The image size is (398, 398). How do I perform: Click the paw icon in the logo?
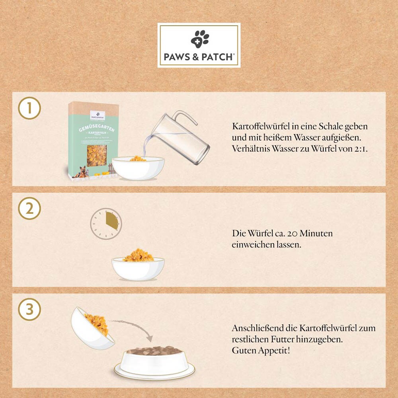click(x=199, y=39)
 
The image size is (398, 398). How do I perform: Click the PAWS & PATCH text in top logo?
click(x=199, y=57)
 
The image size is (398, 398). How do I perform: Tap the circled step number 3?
click(x=29, y=310)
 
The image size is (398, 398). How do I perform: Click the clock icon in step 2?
click(x=105, y=224)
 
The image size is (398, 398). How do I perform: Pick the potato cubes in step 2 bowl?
click(x=138, y=256)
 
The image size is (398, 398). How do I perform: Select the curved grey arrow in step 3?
click(x=133, y=327)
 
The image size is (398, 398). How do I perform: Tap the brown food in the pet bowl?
click(x=153, y=350)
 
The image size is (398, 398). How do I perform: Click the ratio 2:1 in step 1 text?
click(x=360, y=149)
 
